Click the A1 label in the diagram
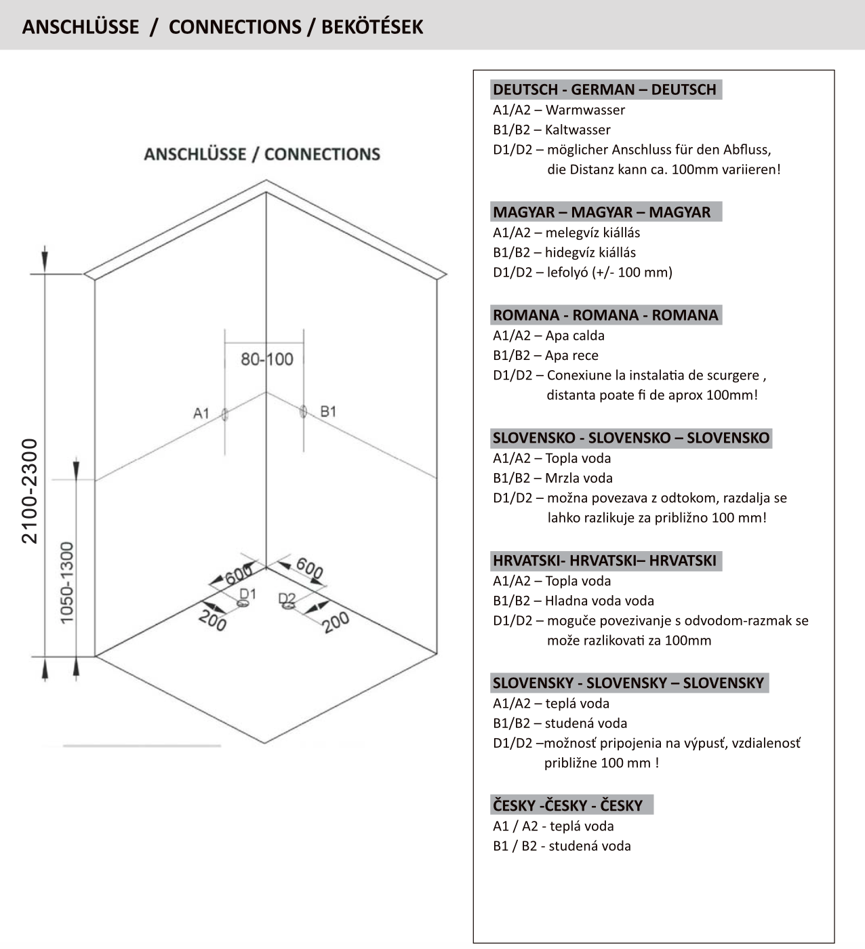(x=201, y=413)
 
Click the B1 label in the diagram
(x=328, y=411)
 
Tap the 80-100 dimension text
(x=266, y=359)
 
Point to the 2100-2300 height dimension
(x=30, y=491)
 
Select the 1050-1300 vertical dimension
(x=66, y=582)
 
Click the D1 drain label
(x=248, y=594)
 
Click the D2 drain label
(x=287, y=599)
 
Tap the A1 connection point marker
(x=225, y=414)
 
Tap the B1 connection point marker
(x=303, y=411)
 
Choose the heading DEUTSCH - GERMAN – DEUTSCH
(x=605, y=89)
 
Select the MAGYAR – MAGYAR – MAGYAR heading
(x=602, y=212)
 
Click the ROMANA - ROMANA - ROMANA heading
(x=605, y=315)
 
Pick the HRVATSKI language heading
(x=605, y=561)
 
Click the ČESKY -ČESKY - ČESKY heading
(x=568, y=805)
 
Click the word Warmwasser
(x=585, y=110)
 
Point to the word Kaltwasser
(x=578, y=129)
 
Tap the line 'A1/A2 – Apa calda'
(x=548, y=336)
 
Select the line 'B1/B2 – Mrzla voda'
(x=552, y=478)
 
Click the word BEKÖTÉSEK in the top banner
(x=371, y=26)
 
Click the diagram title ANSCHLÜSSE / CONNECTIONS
(x=262, y=154)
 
